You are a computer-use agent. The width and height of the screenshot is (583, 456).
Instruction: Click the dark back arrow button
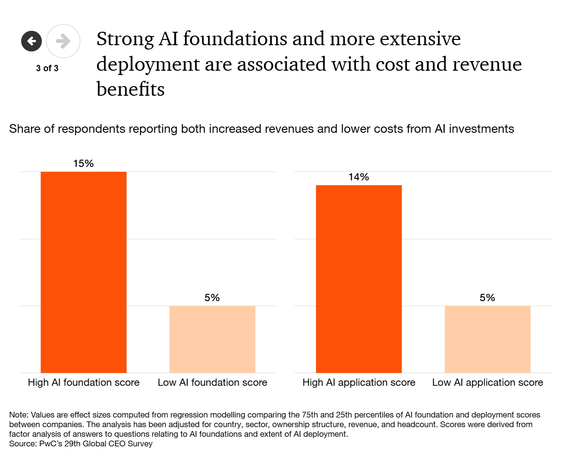pyautogui.click(x=32, y=41)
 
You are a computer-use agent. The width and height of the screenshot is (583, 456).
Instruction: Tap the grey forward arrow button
pyautogui.click(x=63, y=41)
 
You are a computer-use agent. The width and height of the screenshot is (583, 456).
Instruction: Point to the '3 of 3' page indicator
pyautogui.click(x=47, y=68)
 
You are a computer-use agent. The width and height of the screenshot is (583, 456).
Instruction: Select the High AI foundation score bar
pyautogui.click(x=83, y=272)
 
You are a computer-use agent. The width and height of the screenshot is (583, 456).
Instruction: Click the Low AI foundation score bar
pyautogui.click(x=212, y=339)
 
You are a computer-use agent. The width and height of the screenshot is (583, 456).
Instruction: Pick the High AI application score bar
pyautogui.click(x=358, y=279)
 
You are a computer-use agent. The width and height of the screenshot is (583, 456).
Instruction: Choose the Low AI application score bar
pyautogui.click(x=487, y=339)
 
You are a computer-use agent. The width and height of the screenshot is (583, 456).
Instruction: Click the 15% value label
pyautogui.click(x=83, y=164)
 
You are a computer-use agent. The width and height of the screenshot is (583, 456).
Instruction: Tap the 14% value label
pyautogui.click(x=359, y=177)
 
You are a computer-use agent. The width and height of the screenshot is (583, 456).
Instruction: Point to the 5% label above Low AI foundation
pyautogui.click(x=212, y=298)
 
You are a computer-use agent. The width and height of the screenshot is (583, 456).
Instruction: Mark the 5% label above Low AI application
pyautogui.click(x=487, y=298)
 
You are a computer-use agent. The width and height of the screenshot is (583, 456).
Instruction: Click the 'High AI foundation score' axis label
pyautogui.click(x=84, y=383)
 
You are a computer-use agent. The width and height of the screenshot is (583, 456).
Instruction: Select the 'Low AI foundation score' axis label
pyautogui.click(x=213, y=383)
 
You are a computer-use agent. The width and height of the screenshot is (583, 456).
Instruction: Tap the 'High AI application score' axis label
pyautogui.click(x=359, y=383)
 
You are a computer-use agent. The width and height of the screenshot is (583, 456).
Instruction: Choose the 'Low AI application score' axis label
pyautogui.click(x=488, y=383)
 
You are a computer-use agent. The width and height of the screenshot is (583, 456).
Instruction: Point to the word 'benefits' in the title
pyautogui.click(x=130, y=89)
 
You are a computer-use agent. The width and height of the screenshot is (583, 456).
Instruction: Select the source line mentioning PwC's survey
pyautogui.click(x=81, y=443)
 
